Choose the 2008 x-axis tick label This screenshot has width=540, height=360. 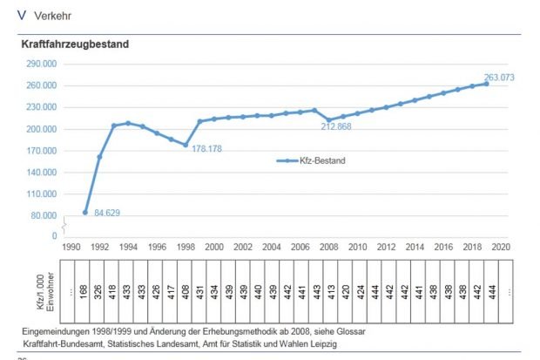328,248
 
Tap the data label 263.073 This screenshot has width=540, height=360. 500,78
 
